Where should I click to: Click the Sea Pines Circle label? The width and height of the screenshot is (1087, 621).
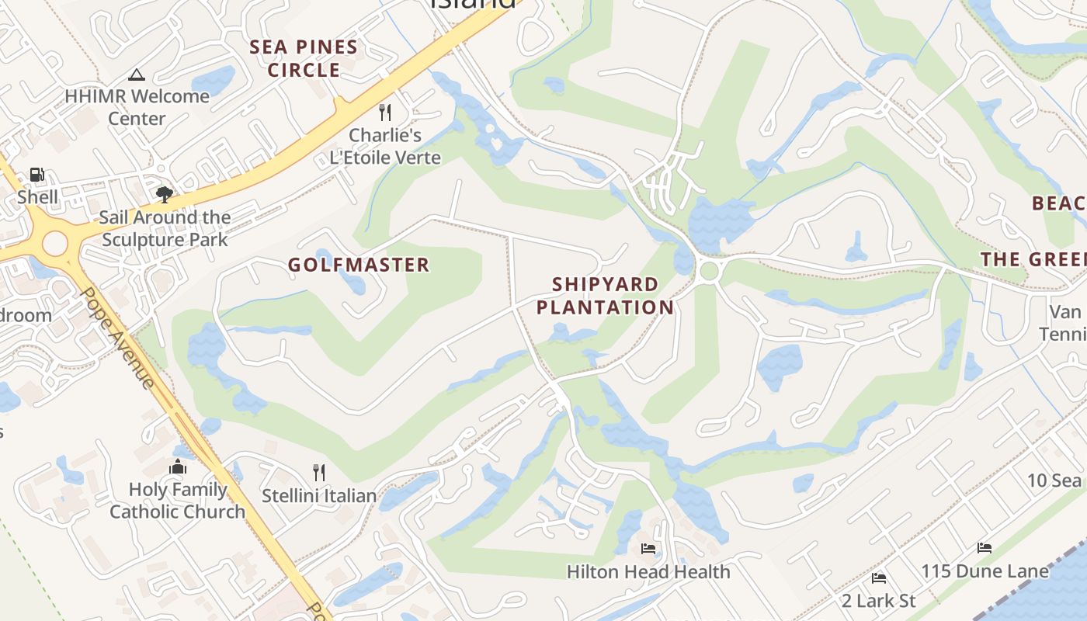pyautogui.click(x=304, y=58)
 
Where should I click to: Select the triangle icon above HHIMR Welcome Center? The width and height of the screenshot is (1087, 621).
pyautogui.click(x=137, y=75)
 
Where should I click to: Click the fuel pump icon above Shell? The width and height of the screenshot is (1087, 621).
pyautogui.click(x=36, y=175)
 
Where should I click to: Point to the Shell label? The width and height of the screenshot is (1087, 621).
pyautogui.click(x=37, y=196)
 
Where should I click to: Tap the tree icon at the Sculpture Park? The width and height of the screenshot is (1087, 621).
pyautogui.click(x=164, y=194)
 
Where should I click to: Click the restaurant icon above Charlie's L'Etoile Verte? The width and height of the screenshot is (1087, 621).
pyautogui.click(x=385, y=113)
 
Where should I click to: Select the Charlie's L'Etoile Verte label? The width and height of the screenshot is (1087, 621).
pyautogui.click(x=385, y=146)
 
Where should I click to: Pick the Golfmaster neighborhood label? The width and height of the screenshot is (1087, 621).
pyautogui.click(x=359, y=265)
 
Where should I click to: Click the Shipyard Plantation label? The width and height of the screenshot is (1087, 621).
pyautogui.click(x=605, y=296)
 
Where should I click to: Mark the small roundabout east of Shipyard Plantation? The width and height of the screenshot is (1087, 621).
pyautogui.click(x=708, y=272)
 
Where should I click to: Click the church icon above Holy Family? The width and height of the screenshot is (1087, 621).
pyautogui.click(x=178, y=467)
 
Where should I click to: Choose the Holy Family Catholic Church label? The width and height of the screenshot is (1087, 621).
pyautogui.click(x=178, y=501)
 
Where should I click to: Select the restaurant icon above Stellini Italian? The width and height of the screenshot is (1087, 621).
pyautogui.click(x=318, y=472)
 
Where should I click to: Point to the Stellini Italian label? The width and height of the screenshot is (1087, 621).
pyautogui.click(x=319, y=495)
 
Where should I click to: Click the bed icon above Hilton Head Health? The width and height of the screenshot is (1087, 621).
pyautogui.click(x=648, y=549)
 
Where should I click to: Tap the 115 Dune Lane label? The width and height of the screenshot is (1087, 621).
pyautogui.click(x=985, y=571)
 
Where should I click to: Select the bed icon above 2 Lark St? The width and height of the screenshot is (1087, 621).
pyautogui.click(x=879, y=578)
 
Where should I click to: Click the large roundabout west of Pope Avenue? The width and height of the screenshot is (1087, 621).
pyautogui.click(x=55, y=244)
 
